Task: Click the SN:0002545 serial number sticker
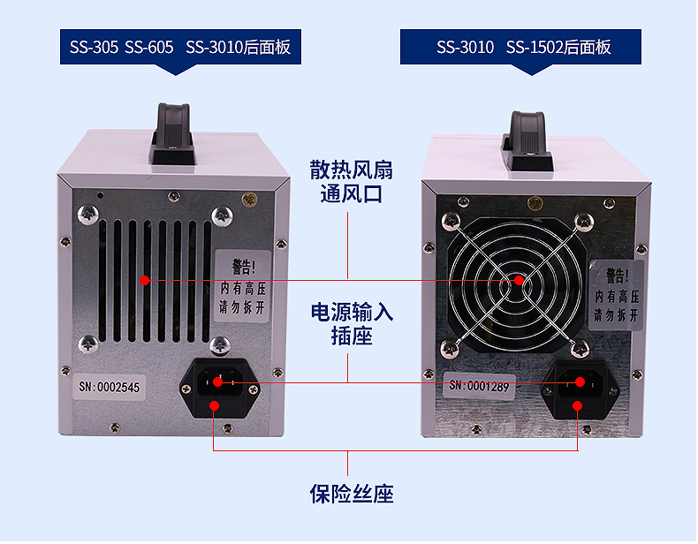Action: (109, 387)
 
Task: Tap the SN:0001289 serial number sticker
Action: (479, 386)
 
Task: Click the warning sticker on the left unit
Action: (243, 286)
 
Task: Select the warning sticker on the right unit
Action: (617, 295)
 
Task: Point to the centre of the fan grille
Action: (519, 280)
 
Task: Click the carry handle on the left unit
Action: (173, 133)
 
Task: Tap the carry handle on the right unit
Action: (527, 141)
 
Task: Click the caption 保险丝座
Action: (352, 494)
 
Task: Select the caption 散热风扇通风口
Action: (352, 182)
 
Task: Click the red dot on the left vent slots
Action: (144, 280)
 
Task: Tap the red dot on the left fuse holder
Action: (214, 405)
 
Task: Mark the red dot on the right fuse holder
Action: (577, 405)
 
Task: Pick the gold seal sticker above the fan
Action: (535, 204)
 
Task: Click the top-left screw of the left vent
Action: (88, 215)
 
